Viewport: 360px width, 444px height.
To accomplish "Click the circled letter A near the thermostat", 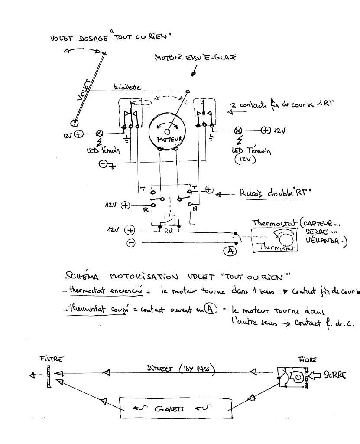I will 230,250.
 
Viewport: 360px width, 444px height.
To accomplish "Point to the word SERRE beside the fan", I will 335,375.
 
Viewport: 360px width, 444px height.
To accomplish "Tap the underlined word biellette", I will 127,87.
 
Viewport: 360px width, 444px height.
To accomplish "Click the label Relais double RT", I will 276,193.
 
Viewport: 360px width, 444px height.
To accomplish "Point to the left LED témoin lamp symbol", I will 99,133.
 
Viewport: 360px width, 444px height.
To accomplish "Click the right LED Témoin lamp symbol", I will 237,130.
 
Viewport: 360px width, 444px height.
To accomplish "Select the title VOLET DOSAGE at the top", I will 109,38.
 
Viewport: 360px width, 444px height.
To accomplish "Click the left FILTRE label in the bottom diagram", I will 52,359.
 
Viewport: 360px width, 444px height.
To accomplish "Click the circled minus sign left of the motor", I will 103,163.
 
